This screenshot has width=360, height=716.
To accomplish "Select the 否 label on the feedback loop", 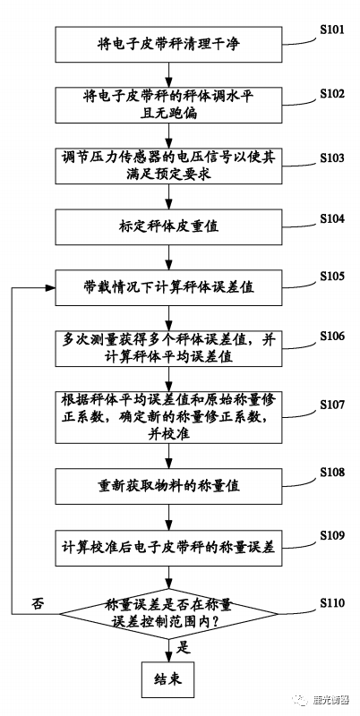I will (37, 599).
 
